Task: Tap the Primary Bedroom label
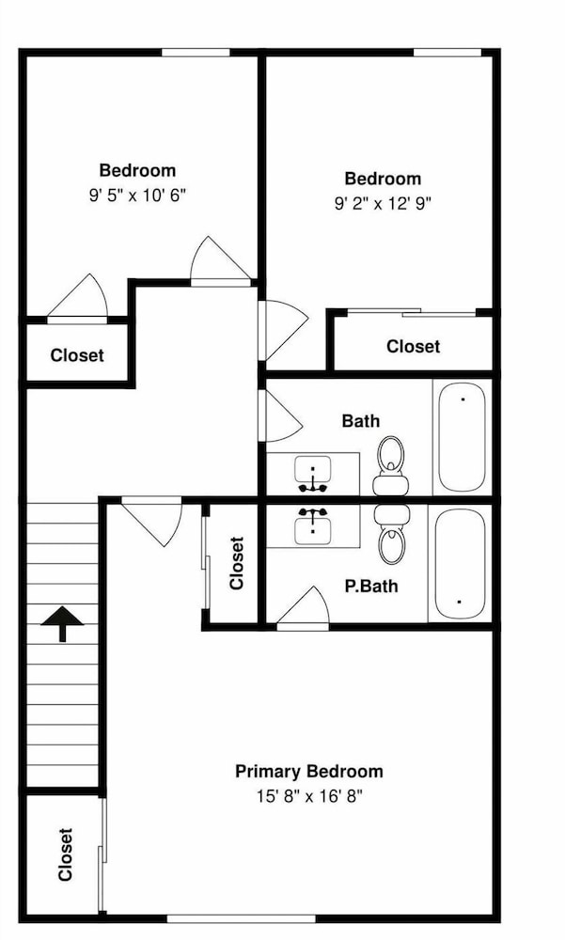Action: (309, 771)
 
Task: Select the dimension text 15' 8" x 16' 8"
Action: (309, 797)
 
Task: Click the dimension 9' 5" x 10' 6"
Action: (138, 196)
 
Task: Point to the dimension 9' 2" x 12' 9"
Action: (384, 204)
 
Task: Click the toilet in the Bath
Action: (391, 465)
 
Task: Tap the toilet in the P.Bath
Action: (391, 534)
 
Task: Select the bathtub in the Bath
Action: (462, 438)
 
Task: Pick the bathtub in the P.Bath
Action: (460, 564)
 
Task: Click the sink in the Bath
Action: (313, 474)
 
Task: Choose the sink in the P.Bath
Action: (313, 526)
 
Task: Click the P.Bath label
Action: (371, 586)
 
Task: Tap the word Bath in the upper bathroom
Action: (360, 421)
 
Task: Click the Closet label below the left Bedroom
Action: (77, 355)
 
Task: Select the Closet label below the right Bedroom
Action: (414, 346)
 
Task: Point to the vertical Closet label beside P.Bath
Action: (236, 563)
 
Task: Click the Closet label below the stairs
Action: (65, 854)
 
